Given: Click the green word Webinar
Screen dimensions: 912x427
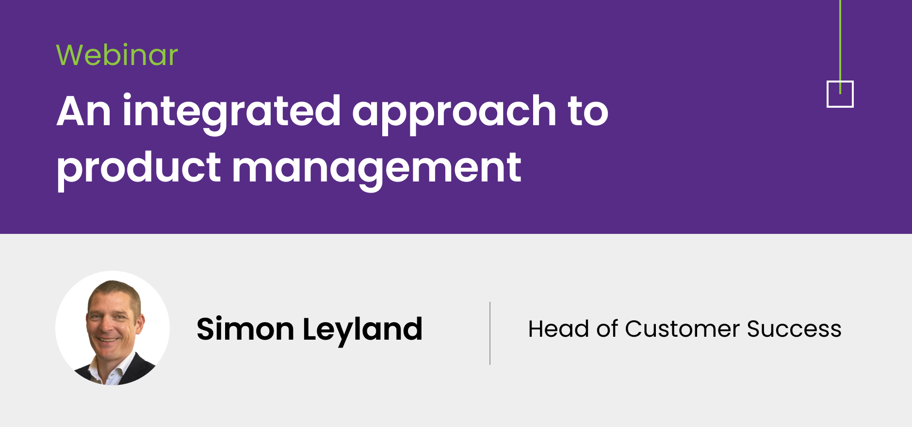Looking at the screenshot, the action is [x=117, y=55].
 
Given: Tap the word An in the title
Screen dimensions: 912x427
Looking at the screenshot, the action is [x=83, y=112].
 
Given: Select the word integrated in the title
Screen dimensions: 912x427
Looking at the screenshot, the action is [x=232, y=113].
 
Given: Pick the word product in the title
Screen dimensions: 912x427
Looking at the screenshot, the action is [x=139, y=169].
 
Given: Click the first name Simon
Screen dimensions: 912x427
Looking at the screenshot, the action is [x=245, y=329].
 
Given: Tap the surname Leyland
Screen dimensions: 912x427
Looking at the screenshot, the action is [x=362, y=330].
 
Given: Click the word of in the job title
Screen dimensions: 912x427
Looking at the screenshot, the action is [x=607, y=328].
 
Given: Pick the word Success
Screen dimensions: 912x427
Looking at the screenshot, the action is [x=794, y=328].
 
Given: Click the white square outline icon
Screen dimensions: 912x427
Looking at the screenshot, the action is [x=828, y=94].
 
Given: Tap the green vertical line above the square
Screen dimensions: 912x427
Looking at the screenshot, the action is [x=840, y=47].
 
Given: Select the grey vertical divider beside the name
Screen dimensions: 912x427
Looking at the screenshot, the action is [x=490, y=333].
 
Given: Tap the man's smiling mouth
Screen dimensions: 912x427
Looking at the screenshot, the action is [x=108, y=340].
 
